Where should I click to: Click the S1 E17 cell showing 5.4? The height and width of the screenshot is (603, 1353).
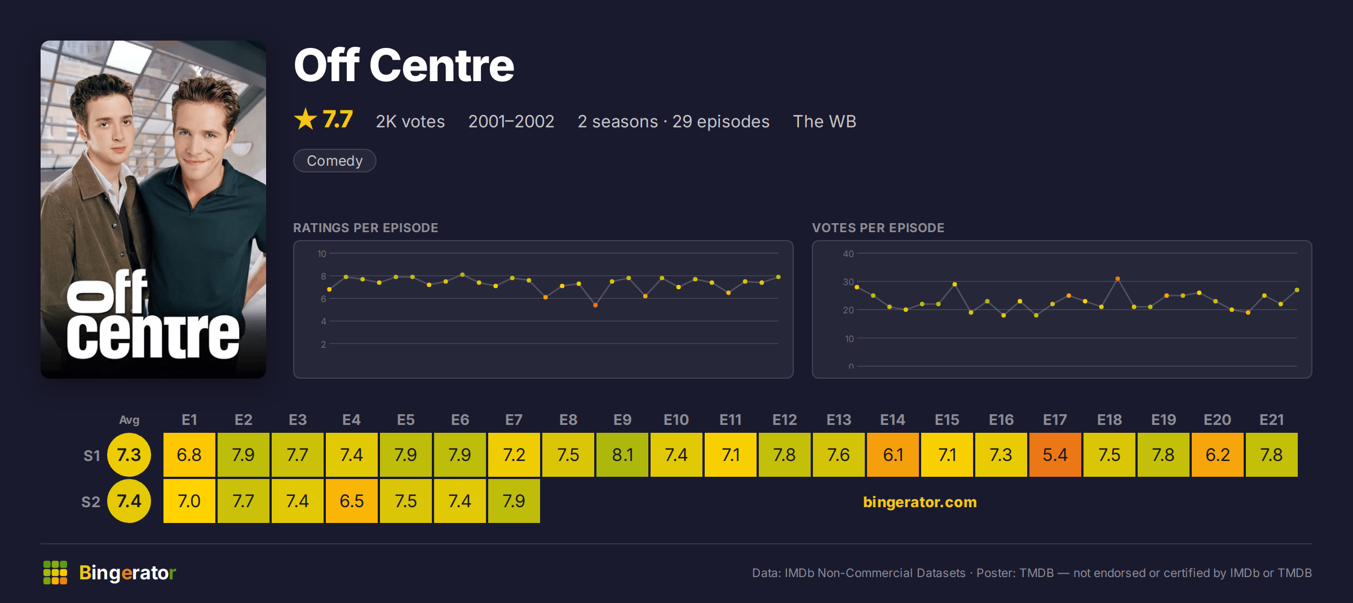pyautogui.click(x=1055, y=455)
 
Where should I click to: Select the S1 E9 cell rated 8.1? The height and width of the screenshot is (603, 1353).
pyautogui.click(x=622, y=455)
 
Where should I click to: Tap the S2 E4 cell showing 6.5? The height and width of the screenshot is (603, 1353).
pyautogui.click(x=351, y=501)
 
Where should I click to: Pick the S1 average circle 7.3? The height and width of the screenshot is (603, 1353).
pyautogui.click(x=129, y=455)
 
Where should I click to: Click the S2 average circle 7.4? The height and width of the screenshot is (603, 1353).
pyautogui.click(x=129, y=501)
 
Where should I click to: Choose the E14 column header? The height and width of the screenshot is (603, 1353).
pyautogui.click(x=892, y=420)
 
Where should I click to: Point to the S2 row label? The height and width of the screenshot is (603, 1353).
pyautogui.click(x=91, y=502)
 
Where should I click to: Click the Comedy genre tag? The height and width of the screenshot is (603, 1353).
pyautogui.click(x=334, y=161)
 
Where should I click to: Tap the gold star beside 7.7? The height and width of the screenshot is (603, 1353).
pyautogui.click(x=306, y=119)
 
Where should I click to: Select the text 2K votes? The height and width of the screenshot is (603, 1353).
pyautogui.click(x=410, y=121)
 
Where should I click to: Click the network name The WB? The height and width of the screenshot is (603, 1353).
pyautogui.click(x=824, y=121)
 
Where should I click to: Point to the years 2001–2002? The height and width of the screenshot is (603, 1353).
pyautogui.click(x=511, y=121)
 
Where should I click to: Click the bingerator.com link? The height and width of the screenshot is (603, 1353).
pyautogui.click(x=919, y=502)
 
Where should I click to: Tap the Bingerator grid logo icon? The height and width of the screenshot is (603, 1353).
pyautogui.click(x=55, y=573)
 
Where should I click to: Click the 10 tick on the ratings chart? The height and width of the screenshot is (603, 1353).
pyautogui.click(x=322, y=254)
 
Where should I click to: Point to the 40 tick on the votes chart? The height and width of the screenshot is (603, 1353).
pyautogui.click(x=848, y=254)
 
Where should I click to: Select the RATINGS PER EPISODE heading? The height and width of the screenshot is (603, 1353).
pyautogui.click(x=365, y=228)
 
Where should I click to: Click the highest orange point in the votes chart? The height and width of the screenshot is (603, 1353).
pyautogui.click(x=1117, y=278)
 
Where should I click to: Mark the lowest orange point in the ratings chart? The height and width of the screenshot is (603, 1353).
pyautogui.click(x=595, y=305)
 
